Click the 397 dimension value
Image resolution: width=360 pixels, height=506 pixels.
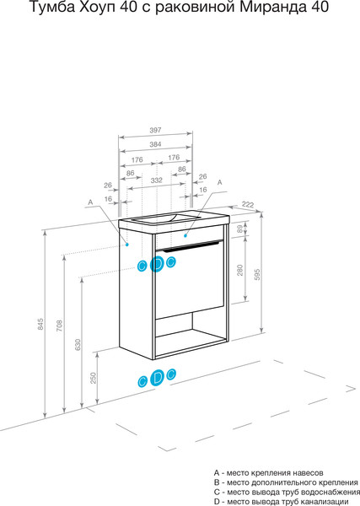coord(155,131)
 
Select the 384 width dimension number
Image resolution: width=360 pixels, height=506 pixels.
coord(155,144)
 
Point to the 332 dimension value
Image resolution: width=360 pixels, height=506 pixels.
coord(157,180)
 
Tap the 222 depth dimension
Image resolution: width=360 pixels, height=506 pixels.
coord(248,205)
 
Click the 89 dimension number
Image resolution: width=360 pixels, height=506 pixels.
coord(239,229)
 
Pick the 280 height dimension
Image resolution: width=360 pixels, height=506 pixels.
coord(239,270)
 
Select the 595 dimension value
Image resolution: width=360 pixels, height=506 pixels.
coord(257,274)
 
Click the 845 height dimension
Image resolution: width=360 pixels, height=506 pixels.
coord(40,324)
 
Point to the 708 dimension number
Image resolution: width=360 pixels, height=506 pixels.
coord(59,326)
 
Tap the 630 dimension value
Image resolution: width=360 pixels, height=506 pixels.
coord(78,345)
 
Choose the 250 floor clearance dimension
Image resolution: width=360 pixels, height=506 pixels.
coord(94,378)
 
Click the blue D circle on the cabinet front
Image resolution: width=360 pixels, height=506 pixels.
coord(157,264)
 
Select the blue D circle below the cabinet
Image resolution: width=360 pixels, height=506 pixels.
coord(158,377)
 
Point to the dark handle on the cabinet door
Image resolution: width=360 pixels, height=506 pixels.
coord(191,246)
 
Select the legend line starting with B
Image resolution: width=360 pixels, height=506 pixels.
coord(286,482)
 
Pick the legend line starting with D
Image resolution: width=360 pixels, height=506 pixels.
coord(281,502)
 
